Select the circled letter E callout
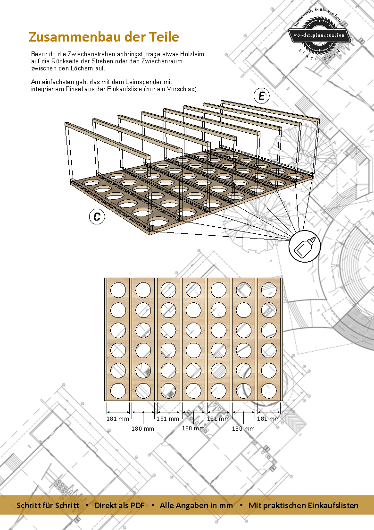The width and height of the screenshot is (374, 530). [262, 96]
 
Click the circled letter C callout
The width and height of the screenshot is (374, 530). [97, 216]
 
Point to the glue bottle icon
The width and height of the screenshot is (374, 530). [305, 246]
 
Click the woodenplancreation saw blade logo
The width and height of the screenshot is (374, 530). [319, 35]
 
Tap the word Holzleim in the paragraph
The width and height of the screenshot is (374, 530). [192, 54]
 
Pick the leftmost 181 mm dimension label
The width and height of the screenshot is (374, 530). [118, 419]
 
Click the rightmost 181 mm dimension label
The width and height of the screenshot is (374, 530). [268, 419]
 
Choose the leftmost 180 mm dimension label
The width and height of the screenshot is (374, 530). [143, 428]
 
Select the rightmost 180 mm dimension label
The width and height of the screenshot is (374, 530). [243, 428]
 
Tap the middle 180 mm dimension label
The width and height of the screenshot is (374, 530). [193, 428]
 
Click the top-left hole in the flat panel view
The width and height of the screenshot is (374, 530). [118, 290]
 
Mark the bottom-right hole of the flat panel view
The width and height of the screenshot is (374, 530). [269, 390]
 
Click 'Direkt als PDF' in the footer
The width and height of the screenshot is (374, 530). [119, 505]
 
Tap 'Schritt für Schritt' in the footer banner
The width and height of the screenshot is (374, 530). [48, 505]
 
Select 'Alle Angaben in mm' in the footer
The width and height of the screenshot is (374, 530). [196, 505]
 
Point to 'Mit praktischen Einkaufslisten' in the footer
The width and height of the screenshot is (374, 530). [303, 505]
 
